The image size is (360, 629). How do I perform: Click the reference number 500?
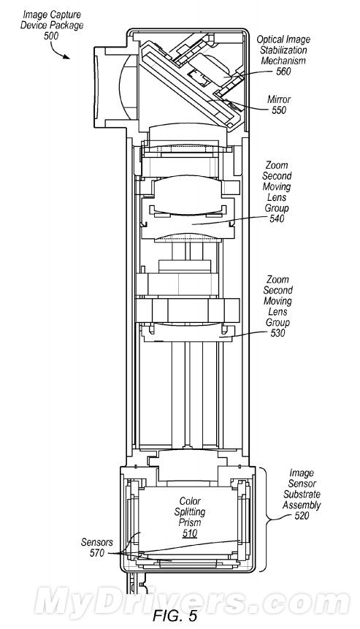(50, 36)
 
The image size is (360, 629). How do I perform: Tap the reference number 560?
(283, 72)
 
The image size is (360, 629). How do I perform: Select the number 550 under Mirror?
(279, 110)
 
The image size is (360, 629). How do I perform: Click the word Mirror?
(279, 99)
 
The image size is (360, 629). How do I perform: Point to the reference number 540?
(277, 218)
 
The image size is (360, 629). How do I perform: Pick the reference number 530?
(277, 333)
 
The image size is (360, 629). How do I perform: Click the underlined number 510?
(190, 533)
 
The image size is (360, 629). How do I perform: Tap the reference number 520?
(302, 516)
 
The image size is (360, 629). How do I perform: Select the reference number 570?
(97, 553)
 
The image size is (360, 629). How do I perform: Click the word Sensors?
(97, 543)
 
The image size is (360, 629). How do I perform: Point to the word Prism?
(190, 522)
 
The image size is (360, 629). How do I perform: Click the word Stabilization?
(283, 50)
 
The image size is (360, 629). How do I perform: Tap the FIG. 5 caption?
(175, 616)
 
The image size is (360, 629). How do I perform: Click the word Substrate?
(302, 494)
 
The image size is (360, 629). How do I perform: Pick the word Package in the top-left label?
(69, 26)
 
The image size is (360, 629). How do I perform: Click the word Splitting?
(190, 512)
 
